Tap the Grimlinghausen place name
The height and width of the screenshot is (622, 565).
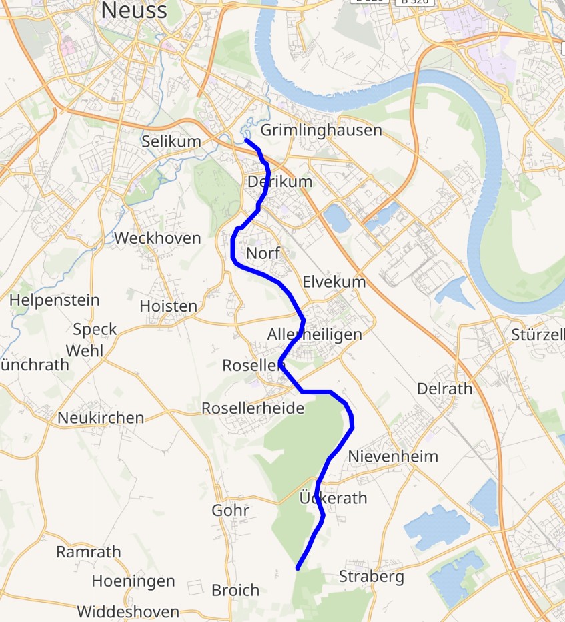[x=321, y=130]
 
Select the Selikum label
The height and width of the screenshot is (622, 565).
[x=171, y=141]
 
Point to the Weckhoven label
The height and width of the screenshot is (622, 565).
[x=157, y=238]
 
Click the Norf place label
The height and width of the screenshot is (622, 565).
[x=263, y=254]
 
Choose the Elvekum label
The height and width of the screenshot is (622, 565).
[x=334, y=282]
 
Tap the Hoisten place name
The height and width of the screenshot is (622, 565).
[x=169, y=306]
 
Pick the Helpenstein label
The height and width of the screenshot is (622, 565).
[x=55, y=300]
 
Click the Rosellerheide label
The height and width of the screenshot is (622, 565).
[x=253, y=408]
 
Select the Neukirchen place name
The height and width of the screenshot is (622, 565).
[x=101, y=418]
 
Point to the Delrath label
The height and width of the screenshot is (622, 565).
[x=444, y=388]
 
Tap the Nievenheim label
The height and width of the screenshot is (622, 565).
[x=394, y=456]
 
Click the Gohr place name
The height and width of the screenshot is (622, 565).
[x=230, y=511]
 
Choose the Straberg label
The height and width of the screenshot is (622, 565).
[x=372, y=577]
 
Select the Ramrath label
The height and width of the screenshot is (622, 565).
[x=89, y=552]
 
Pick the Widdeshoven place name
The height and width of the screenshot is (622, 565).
[x=128, y=611]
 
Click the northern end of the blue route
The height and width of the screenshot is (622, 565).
[x=246, y=141]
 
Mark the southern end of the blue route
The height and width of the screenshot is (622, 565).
[x=298, y=569]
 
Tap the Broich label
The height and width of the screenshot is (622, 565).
[x=235, y=591]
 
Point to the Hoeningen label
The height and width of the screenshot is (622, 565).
[x=133, y=581]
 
